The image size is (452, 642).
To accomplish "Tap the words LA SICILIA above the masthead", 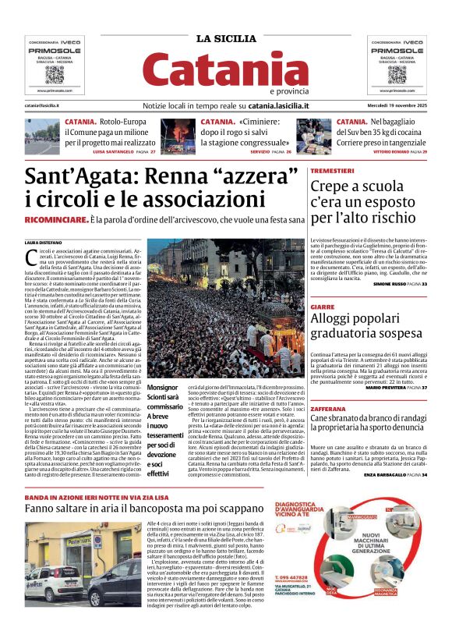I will point(225,39).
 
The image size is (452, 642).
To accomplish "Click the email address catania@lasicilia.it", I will point(45,105).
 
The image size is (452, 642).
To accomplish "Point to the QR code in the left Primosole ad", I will point(55,74).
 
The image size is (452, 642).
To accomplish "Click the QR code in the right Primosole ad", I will point(397,74).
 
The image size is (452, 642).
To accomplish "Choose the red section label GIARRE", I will point(322,307).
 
